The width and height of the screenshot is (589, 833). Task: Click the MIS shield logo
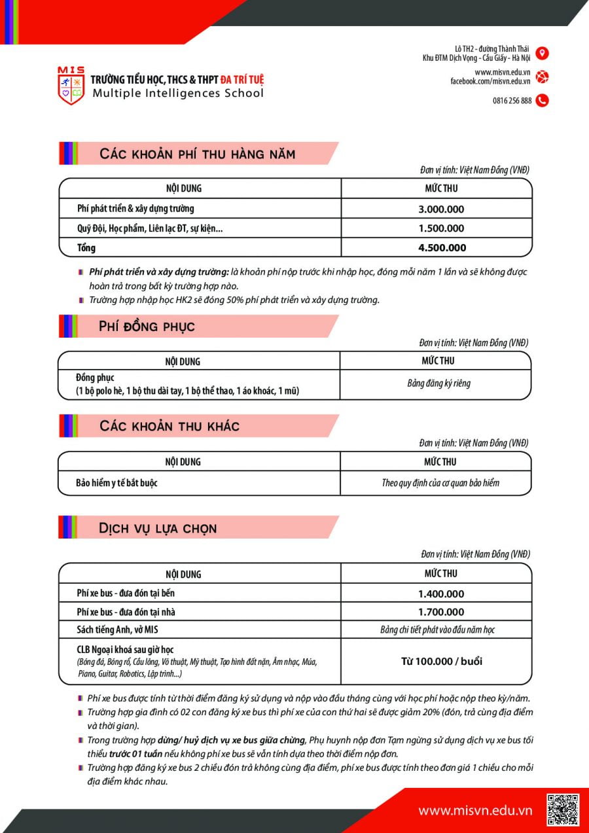point(71,86)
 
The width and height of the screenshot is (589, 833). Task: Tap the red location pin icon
point(542,53)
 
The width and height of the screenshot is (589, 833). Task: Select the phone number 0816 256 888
point(512,101)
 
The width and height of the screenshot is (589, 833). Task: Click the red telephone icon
point(542,101)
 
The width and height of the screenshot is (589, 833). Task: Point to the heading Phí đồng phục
point(147,327)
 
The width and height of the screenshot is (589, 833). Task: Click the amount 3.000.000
point(441,209)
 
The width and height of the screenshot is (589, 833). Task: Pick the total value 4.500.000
point(442,247)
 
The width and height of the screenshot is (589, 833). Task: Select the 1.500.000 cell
point(441,228)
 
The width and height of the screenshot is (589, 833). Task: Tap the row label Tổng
point(86,247)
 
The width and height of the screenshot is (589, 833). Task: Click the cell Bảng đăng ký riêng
point(438,383)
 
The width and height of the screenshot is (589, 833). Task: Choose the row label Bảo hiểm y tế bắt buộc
point(116,483)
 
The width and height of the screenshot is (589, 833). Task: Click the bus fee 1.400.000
point(441,594)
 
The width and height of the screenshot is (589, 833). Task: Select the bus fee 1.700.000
point(441,612)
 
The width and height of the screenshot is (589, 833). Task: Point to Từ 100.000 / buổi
point(441,661)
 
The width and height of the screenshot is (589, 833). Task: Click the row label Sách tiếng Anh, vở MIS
point(118,629)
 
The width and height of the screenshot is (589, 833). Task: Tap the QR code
point(562,810)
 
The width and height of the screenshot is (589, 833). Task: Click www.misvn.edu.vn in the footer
point(475,811)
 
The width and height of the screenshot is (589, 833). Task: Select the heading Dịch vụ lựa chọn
point(158,528)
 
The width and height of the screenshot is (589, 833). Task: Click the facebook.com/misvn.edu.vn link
point(490,81)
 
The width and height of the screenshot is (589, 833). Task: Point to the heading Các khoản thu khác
point(170,426)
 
